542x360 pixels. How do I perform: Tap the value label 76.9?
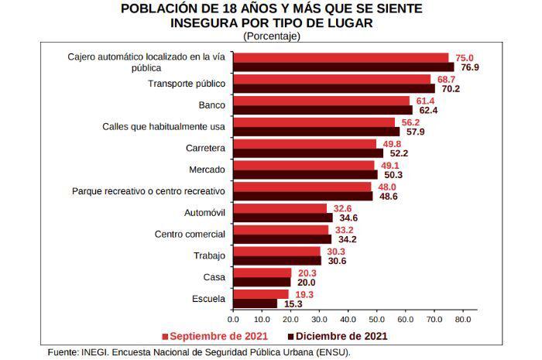(x=470, y=67)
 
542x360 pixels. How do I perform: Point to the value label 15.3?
(x=293, y=304)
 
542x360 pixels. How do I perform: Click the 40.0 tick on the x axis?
(x=348, y=318)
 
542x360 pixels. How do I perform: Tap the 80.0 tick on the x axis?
(x=462, y=318)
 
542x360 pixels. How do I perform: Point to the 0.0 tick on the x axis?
(x=233, y=318)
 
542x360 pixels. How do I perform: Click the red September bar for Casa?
(x=262, y=273)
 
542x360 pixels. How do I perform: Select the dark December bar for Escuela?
(x=255, y=303)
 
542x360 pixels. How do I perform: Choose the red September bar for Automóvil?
(x=280, y=208)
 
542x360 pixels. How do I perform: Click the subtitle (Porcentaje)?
(x=271, y=36)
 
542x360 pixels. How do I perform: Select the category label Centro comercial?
(x=190, y=234)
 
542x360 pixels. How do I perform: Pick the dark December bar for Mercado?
(x=305, y=174)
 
